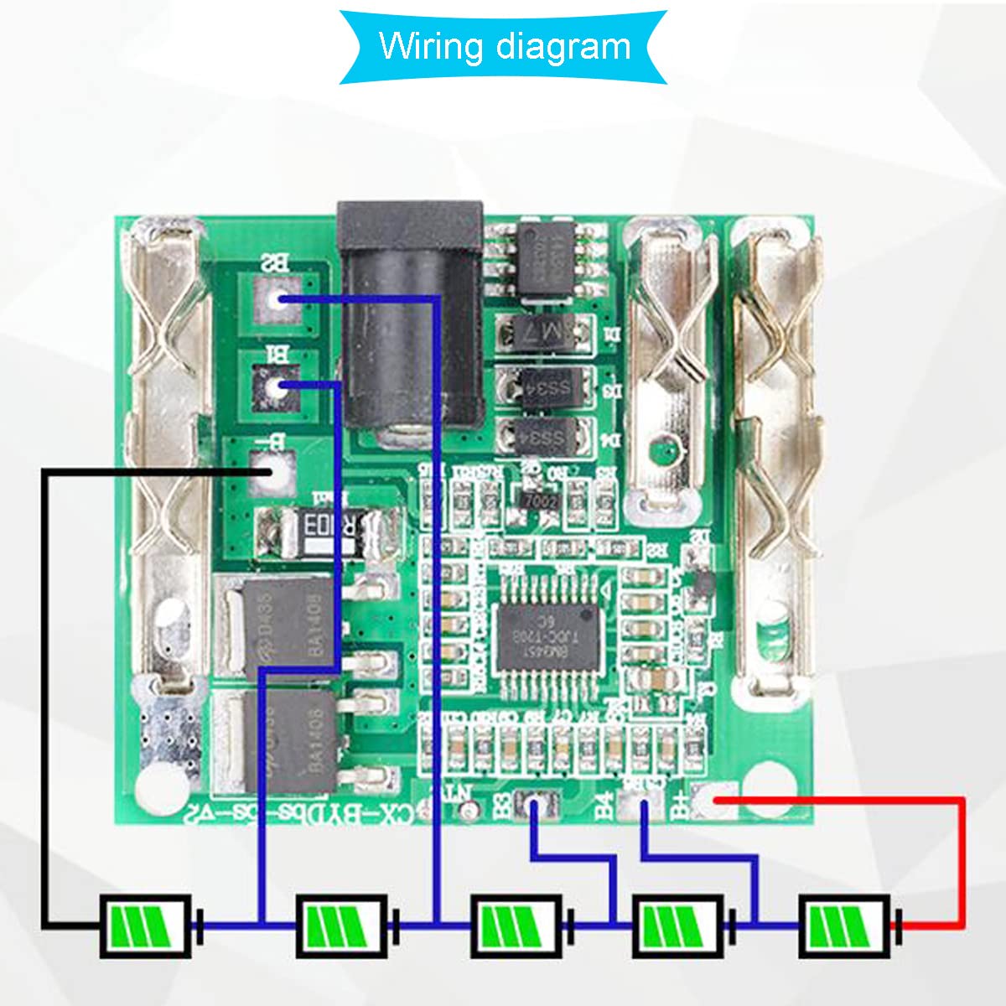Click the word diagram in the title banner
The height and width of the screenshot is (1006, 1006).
tap(563, 47)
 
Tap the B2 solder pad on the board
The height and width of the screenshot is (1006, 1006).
tap(275, 298)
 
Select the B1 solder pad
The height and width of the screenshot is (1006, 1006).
tap(275, 386)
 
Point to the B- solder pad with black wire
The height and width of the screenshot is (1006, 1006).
tap(271, 472)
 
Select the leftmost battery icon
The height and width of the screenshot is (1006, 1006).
tap(147, 926)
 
